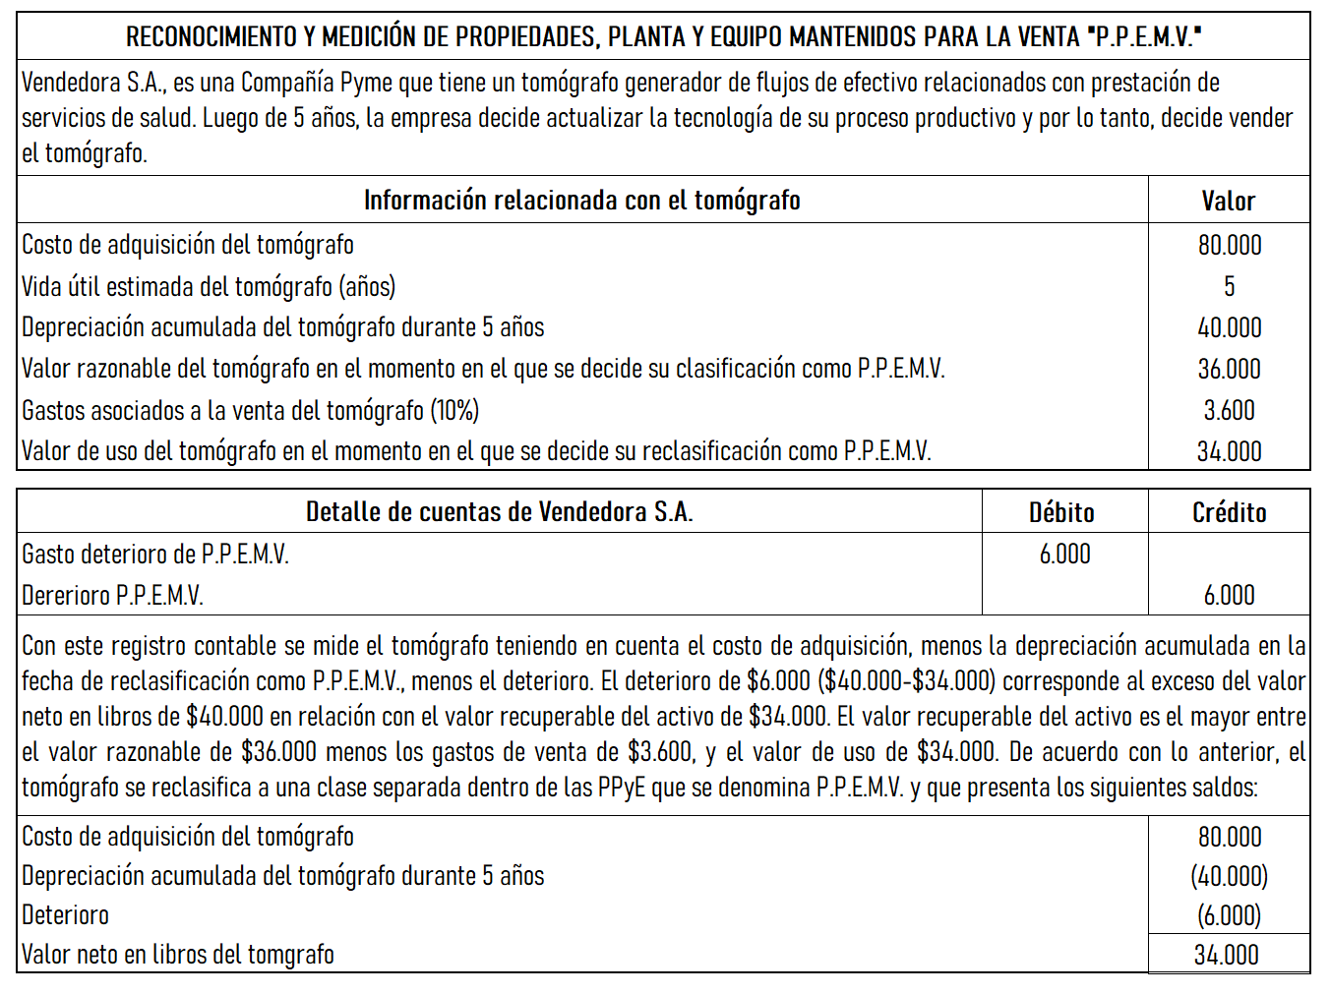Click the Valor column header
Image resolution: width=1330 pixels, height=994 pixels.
coord(1228,201)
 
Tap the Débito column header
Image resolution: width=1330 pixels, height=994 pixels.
coord(1061,512)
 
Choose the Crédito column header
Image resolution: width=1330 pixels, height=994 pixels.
coord(1229,512)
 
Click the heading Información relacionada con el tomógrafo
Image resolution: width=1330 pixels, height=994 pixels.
coord(581,201)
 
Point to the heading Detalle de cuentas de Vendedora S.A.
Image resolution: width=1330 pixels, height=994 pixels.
coord(499,512)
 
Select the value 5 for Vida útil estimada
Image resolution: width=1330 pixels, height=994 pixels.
coord(1229,286)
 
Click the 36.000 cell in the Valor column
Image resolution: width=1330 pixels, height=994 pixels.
coord(1229,369)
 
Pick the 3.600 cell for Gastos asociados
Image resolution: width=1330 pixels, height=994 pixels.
coord(1229,410)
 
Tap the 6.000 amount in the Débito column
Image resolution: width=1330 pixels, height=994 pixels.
coord(1064,554)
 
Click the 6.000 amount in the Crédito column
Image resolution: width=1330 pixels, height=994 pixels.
coord(1229,595)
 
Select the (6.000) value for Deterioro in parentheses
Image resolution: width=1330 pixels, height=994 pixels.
coord(1229,915)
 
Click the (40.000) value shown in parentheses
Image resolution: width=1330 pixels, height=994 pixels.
coord(1229,876)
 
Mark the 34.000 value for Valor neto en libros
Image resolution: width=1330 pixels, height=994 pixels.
coord(1226,955)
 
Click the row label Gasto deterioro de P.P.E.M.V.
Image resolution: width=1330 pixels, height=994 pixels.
coord(155,555)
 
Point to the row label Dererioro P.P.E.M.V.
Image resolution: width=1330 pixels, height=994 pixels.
coord(112,596)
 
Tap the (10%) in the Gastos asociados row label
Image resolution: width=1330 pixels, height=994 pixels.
coord(454,410)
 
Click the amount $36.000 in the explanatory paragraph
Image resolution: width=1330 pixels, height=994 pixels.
coord(278,752)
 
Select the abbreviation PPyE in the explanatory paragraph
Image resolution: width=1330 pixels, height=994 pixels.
coord(621,788)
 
